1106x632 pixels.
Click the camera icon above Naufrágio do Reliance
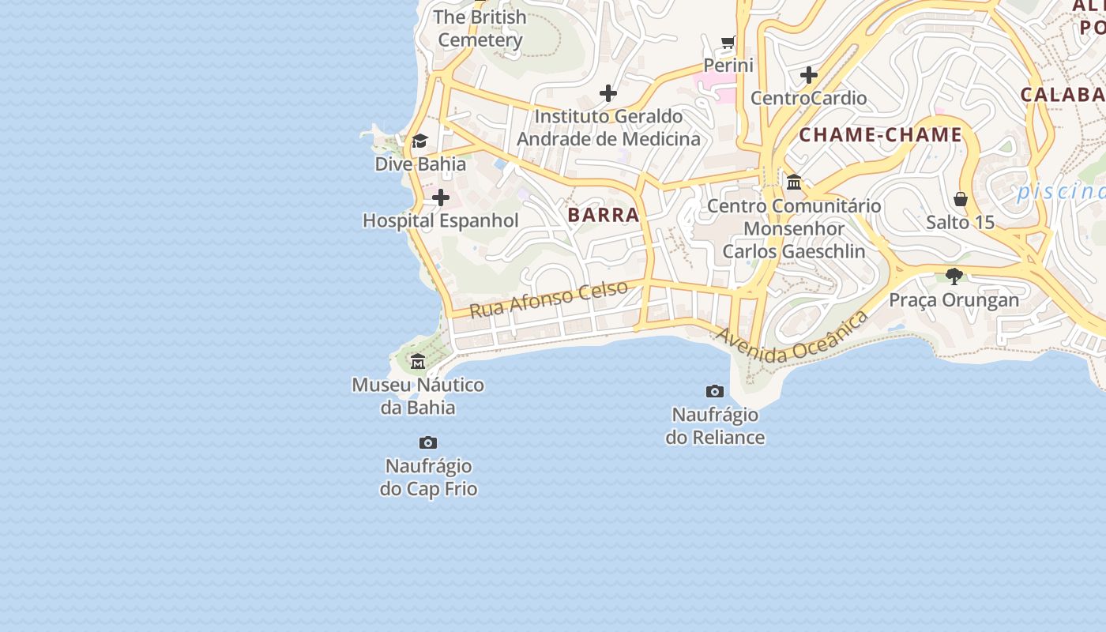(x=715, y=391)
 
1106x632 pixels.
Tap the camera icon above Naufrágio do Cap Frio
(x=428, y=442)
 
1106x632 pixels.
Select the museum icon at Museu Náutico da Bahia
(x=418, y=362)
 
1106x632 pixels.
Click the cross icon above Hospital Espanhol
(x=441, y=197)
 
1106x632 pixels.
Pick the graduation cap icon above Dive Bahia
(x=419, y=141)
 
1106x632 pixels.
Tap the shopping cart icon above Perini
(x=728, y=42)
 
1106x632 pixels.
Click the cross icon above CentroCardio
(x=808, y=75)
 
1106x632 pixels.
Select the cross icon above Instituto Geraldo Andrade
(x=608, y=93)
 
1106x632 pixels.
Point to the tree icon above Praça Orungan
(x=954, y=276)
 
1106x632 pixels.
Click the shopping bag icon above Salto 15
(x=961, y=199)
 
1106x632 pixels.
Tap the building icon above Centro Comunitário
(x=794, y=182)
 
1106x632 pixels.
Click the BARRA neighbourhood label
(x=604, y=215)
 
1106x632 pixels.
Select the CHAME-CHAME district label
(x=880, y=135)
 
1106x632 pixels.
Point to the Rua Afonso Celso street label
(x=549, y=299)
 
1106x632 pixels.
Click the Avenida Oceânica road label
(x=792, y=337)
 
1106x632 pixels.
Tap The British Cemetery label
(x=480, y=28)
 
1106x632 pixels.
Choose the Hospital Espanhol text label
(x=441, y=221)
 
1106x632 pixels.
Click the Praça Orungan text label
(x=954, y=300)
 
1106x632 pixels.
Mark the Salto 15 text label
(x=960, y=223)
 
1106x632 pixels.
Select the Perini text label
(x=728, y=66)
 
